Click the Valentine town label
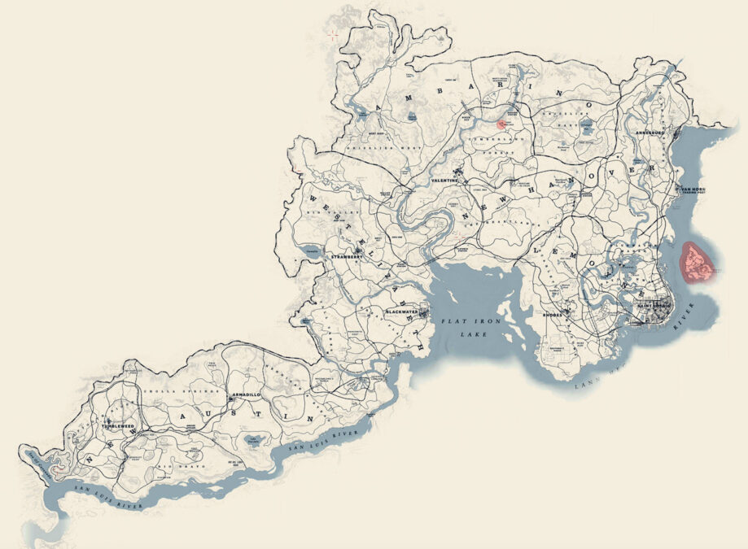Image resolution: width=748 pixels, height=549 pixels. [444, 180]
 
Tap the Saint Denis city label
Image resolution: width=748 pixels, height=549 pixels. [656, 305]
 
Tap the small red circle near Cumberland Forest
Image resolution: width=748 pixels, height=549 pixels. [501, 124]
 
